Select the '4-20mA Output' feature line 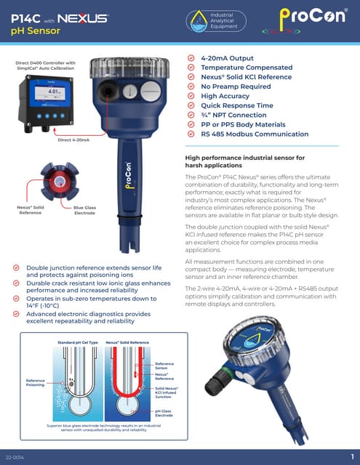click(227, 57)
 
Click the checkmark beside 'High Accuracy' click(191, 96)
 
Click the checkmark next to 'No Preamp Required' click(191, 86)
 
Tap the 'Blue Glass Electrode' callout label click(84, 211)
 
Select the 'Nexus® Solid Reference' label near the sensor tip click(30, 211)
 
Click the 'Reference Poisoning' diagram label click(36, 382)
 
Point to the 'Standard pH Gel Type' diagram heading click(76, 341)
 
